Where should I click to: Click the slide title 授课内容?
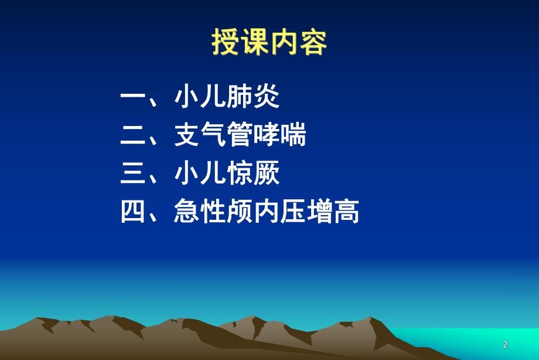(x=269, y=43)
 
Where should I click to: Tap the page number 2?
(x=505, y=345)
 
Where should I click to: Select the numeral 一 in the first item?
(x=133, y=98)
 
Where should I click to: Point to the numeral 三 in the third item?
(x=133, y=174)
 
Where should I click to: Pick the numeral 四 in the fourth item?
(x=133, y=212)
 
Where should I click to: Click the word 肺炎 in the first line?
(x=253, y=98)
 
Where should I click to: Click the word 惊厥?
(x=253, y=174)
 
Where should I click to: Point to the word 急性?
(x=200, y=212)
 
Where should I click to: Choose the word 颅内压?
(x=267, y=212)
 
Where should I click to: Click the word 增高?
(x=333, y=212)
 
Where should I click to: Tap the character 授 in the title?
(x=226, y=43)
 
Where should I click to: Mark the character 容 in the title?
(x=313, y=43)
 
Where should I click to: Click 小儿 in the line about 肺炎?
(x=200, y=98)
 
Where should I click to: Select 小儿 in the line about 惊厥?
(x=200, y=174)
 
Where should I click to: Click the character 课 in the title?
(x=255, y=43)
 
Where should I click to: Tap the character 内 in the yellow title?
(x=284, y=43)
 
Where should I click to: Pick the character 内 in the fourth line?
(x=267, y=212)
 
